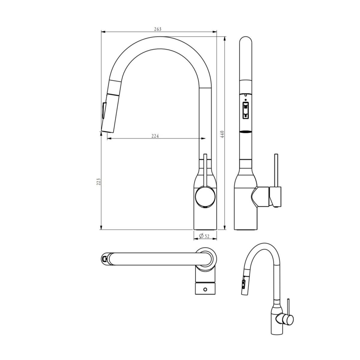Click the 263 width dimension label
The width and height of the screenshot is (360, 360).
[x=157, y=29]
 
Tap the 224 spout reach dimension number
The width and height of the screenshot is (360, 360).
[x=155, y=136]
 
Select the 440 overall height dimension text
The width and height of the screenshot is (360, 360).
[x=222, y=134]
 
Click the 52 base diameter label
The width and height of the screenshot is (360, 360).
[x=207, y=236]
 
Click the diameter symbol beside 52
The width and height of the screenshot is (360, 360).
[x=201, y=236]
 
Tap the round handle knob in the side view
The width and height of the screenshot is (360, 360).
[x=205, y=197]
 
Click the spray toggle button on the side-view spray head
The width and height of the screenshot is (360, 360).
[x=103, y=110]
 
